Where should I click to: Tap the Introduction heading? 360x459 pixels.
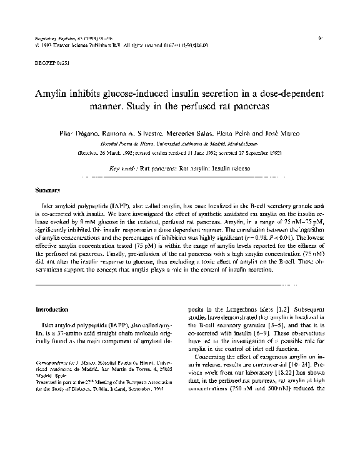53,309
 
